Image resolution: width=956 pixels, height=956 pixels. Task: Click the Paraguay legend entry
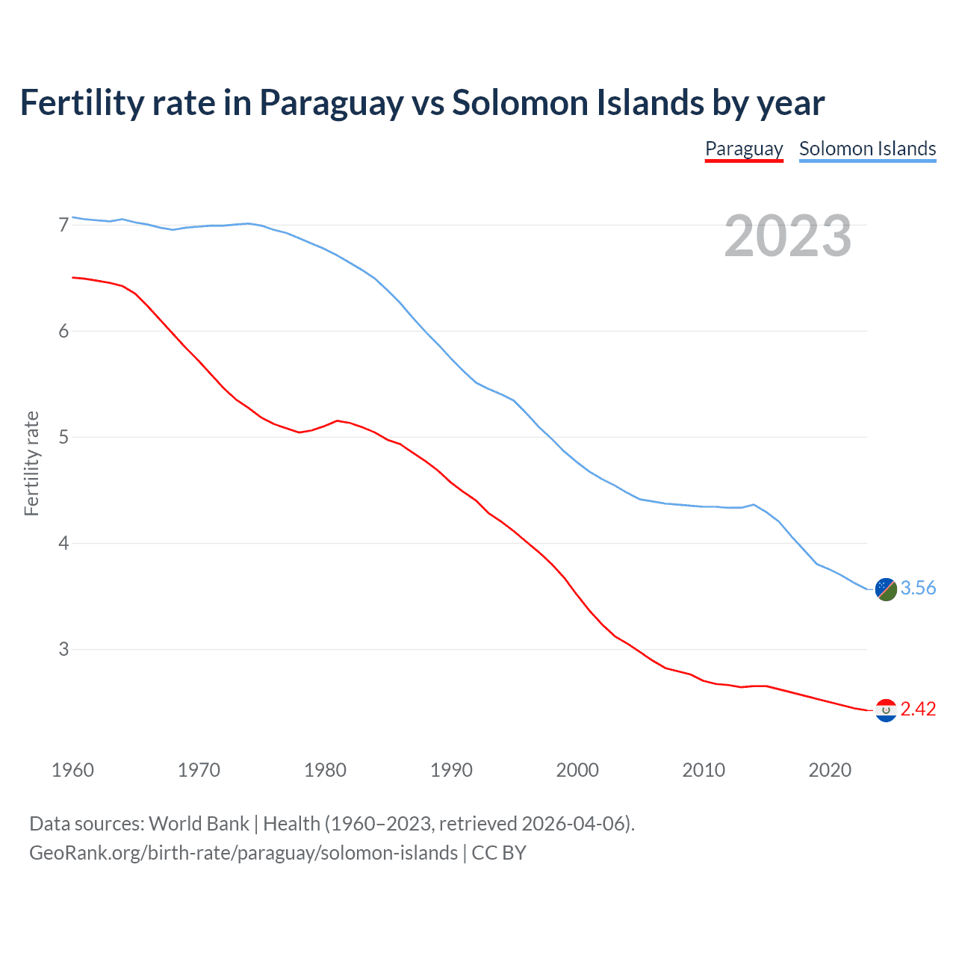click(x=744, y=149)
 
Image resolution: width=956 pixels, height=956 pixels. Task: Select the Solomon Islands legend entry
click(x=867, y=149)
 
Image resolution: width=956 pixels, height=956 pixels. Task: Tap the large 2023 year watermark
click(x=787, y=236)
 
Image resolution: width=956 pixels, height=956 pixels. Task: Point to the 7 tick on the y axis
click(x=63, y=225)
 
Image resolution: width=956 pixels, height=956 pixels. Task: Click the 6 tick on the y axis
click(x=63, y=331)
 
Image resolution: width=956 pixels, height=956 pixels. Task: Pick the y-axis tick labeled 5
click(x=63, y=437)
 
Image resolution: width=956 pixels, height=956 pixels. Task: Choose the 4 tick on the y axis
click(x=63, y=543)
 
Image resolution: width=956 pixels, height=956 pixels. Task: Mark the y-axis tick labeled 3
click(x=63, y=649)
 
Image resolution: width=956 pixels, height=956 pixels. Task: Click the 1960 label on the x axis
click(x=72, y=770)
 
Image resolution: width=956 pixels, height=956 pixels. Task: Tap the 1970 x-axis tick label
click(x=199, y=770)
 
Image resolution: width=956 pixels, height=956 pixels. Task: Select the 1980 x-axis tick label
click(x=325, y=770)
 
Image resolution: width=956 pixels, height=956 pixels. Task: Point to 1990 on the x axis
click(x=451, y=770)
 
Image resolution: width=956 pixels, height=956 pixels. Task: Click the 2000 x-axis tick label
click(x=577, y=770)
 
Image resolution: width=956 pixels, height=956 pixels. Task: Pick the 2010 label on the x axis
click(x=704, y=770)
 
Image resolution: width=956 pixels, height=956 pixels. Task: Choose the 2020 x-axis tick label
click(x=830, y=770)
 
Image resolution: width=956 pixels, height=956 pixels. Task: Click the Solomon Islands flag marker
click(x=886, y=589)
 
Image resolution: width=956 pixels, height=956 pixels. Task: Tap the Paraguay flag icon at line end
click(x=886, y=710)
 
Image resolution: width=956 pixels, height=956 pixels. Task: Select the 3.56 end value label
click(x=918, y=589)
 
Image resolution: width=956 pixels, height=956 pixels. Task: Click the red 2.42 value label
click(x=918, y=710)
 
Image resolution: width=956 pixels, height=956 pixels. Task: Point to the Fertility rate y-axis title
click(x=31, y=463)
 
